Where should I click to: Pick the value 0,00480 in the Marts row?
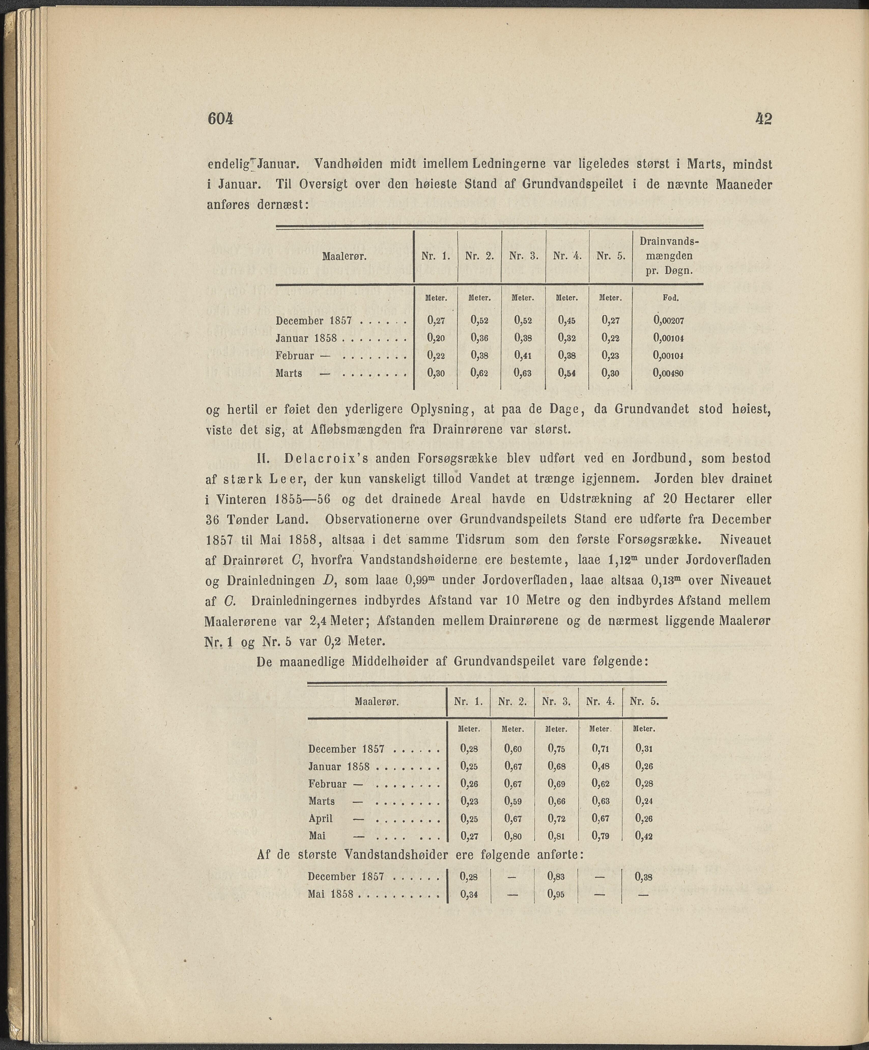(668, 373)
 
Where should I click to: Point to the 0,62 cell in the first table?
(479, 373)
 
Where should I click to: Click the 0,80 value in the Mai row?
(513, 836)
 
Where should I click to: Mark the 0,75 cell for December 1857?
(556, 749)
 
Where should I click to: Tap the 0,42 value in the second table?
(644, 836)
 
